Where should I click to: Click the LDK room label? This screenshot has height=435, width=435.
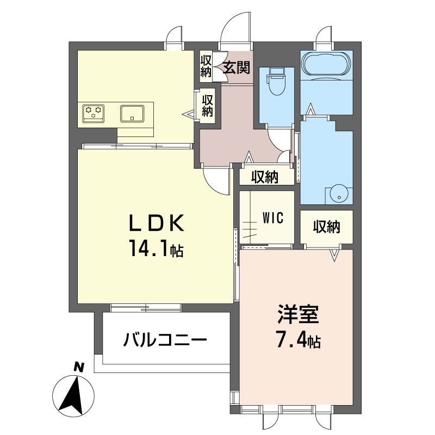pyautogui.click(x=156, y=223)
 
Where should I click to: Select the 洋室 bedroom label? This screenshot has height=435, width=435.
pyautogui.click(x=298, y=315)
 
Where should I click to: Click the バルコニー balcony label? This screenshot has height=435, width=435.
pyautogui.click(x=165, y=340)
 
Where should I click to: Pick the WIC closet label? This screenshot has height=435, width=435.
pyautogui.click(x=273, y=217)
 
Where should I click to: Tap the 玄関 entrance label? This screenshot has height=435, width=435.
pyautogui.click(x=237, y=67)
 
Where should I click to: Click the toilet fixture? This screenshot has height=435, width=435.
pyautogui.click(x=276, y=81)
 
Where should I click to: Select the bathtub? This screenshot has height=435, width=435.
pyautogui.click(x=327, y=65)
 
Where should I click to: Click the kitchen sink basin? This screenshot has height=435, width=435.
pyautogui.click(x=132, y=113)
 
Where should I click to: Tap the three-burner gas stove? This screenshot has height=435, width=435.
pyautogui.click(x=93, y=114)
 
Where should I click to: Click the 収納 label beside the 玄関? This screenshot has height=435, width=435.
pyautogui.click(x=206, y=66)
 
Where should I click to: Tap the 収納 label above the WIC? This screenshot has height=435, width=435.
pyautogui.click(x=265, y=177)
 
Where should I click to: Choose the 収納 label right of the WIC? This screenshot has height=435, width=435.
pyautogui.click(x=327, y=227)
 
